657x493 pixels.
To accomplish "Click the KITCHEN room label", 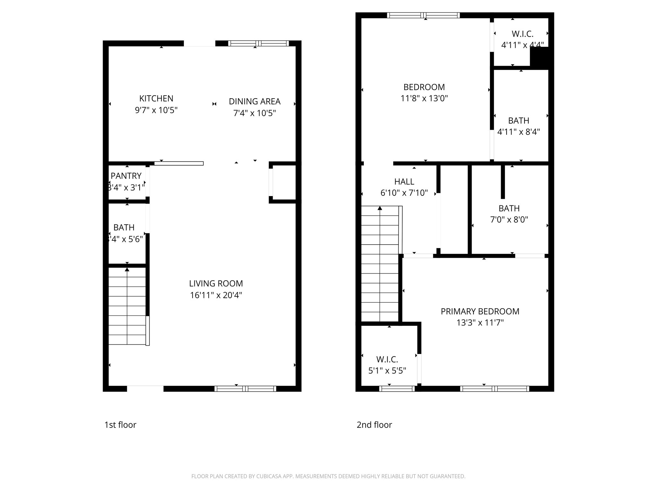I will point(156,99).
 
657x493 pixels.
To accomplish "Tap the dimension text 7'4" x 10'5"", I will point(254,113).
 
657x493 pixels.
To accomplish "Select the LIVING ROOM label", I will point(216,283).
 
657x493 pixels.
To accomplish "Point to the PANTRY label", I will point(126,176).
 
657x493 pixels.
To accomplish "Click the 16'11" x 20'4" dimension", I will point(216,295).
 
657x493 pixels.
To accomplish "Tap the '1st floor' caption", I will point(120,425).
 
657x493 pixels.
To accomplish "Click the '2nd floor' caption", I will point(374,425).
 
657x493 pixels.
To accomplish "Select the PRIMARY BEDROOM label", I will point(480,311).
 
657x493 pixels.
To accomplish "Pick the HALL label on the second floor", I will point(404,182).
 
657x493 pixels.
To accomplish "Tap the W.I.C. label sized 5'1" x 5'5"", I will point(387,359).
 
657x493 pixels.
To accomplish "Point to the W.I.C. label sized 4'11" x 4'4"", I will point(523,34).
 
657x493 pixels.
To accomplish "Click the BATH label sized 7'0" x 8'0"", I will point(509,209).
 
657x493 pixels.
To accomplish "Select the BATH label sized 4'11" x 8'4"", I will point(519,121).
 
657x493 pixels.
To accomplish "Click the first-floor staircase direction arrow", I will point(127,270).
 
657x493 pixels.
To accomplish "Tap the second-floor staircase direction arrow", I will point(380,208).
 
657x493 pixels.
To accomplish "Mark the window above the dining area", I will point(259,43).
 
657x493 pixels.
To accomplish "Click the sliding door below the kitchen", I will point(179,163).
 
